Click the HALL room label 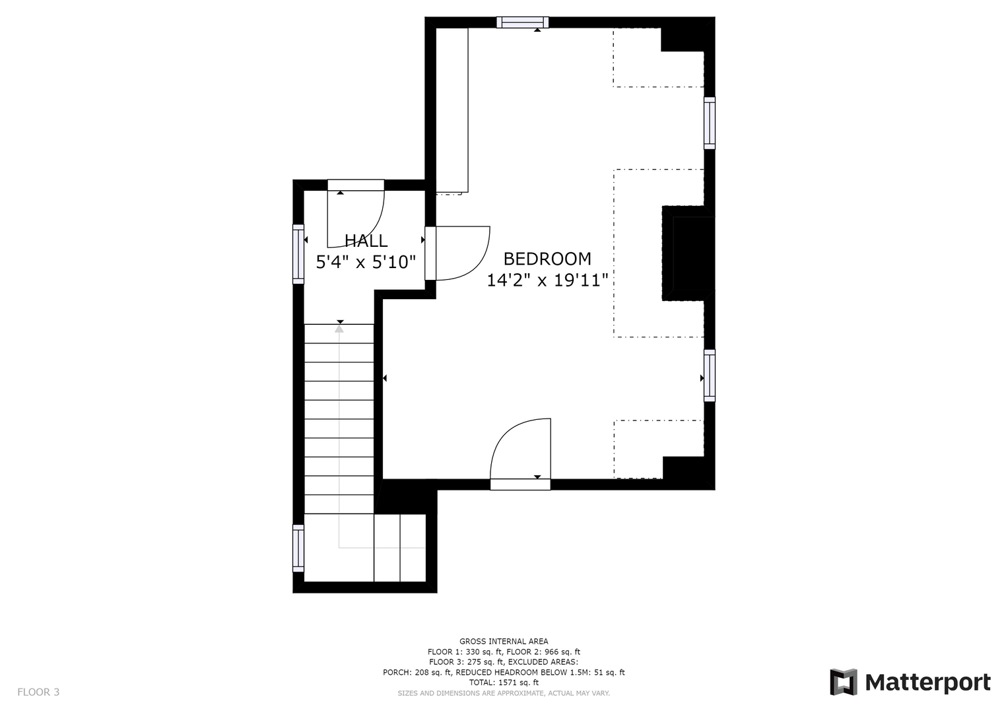366,241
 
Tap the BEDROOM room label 547,259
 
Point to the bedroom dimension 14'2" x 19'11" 547,281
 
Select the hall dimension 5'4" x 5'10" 366,262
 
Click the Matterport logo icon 843,682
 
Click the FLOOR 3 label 38,692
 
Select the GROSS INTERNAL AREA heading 504,642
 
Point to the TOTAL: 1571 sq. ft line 504,683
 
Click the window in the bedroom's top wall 522,22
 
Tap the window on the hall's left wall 298,254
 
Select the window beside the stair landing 298,548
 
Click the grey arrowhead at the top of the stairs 339,329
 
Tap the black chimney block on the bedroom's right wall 688,254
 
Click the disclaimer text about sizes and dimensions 504,693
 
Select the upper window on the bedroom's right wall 710,123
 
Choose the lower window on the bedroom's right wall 710,376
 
